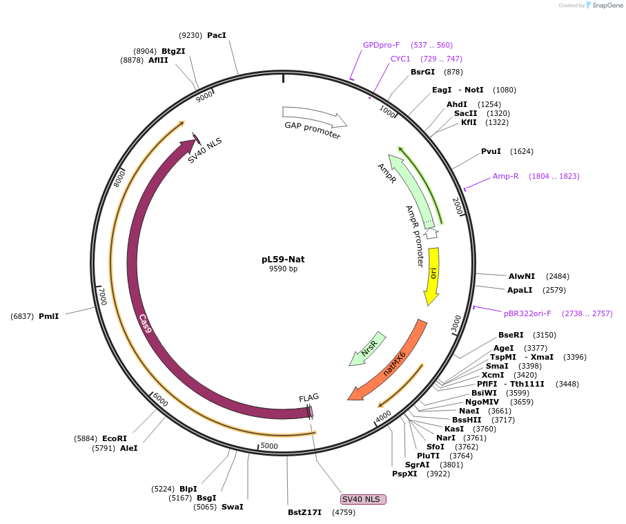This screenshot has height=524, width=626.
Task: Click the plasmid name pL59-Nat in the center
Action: tap(283, 260)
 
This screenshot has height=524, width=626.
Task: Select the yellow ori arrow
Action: tap(433, 276)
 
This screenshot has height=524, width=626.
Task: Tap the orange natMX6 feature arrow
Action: tap(391, 362)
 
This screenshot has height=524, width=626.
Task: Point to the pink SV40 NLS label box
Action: tap(364, 499)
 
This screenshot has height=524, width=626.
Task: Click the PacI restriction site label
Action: tap(217, 35)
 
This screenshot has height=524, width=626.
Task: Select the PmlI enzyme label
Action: tap(48, 316)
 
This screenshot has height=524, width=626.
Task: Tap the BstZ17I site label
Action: tap(305, 512)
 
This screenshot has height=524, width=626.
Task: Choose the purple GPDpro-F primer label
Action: tap(382, 45)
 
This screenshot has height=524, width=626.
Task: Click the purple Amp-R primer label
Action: tap(505, 176)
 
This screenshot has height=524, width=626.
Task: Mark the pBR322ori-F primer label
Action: tap(527, 313)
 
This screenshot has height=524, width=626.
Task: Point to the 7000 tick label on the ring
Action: tap(102, 297)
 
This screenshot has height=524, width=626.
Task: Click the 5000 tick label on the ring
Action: tap(269, 446)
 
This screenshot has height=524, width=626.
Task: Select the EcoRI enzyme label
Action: tap(115, 438)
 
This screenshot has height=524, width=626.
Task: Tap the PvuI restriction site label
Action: tap(491, 151)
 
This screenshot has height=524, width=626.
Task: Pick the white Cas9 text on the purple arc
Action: tap(145, 323)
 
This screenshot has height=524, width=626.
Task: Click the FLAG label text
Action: tap(309, 398)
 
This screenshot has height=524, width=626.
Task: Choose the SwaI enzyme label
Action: tap(232, 507)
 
